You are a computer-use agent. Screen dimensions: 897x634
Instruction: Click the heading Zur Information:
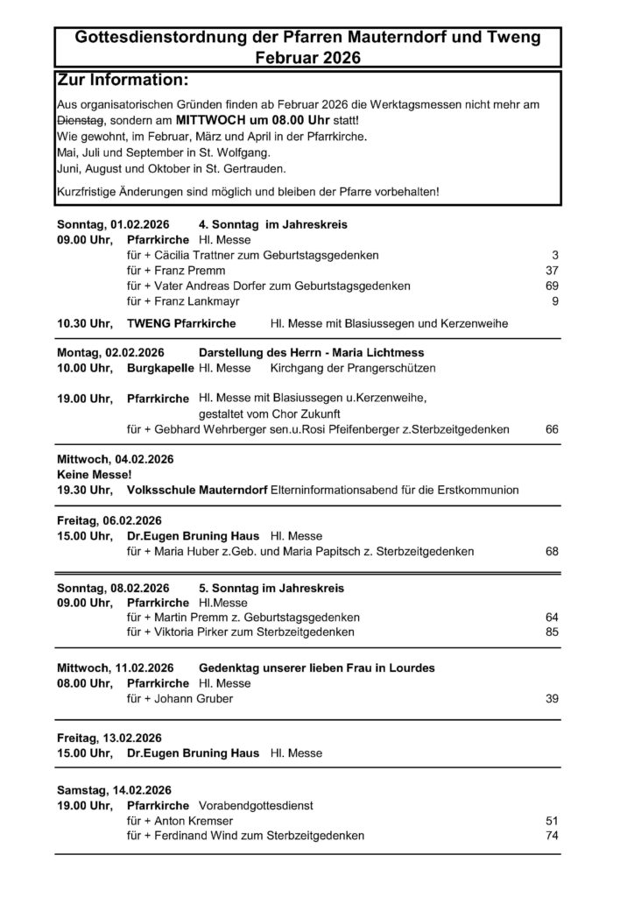coord(123,81)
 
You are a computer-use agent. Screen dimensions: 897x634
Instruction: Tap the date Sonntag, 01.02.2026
coord(113,224)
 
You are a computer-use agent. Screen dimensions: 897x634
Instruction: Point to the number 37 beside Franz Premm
coord(552,271)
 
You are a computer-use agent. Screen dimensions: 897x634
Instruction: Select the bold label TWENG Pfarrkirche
coord(181,324)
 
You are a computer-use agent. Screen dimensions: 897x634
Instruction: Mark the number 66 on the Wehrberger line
coord(552,429)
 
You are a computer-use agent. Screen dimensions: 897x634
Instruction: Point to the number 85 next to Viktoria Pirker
coord(552,632)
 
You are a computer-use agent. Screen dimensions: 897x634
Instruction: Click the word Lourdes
coord(411,668)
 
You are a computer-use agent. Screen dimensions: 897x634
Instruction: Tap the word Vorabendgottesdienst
coord(257,805)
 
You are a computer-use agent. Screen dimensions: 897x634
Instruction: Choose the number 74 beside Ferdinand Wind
coord(552,836)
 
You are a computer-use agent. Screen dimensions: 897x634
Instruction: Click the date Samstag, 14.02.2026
coord(114,789)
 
